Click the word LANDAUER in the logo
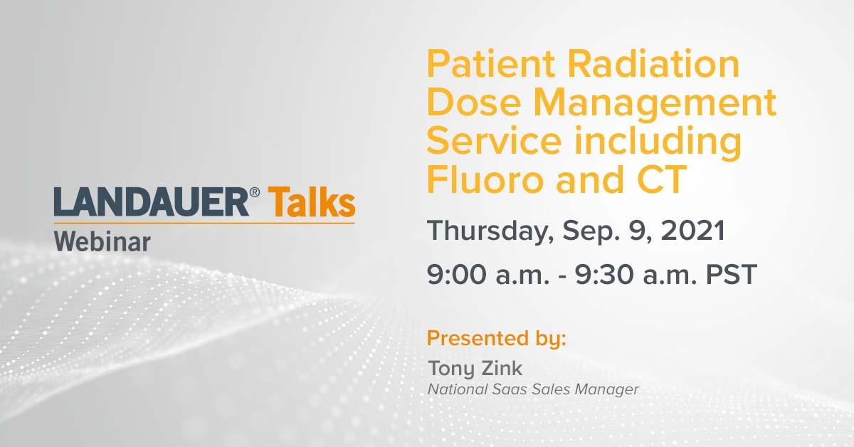(152, 202)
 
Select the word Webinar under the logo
(102, 242)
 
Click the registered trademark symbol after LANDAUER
(255, 192)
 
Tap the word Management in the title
(655, 104)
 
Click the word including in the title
(658, 142)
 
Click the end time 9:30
(605, 274)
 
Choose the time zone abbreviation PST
(732, 274)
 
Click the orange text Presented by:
(497, 339)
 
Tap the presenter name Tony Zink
(475, 369)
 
